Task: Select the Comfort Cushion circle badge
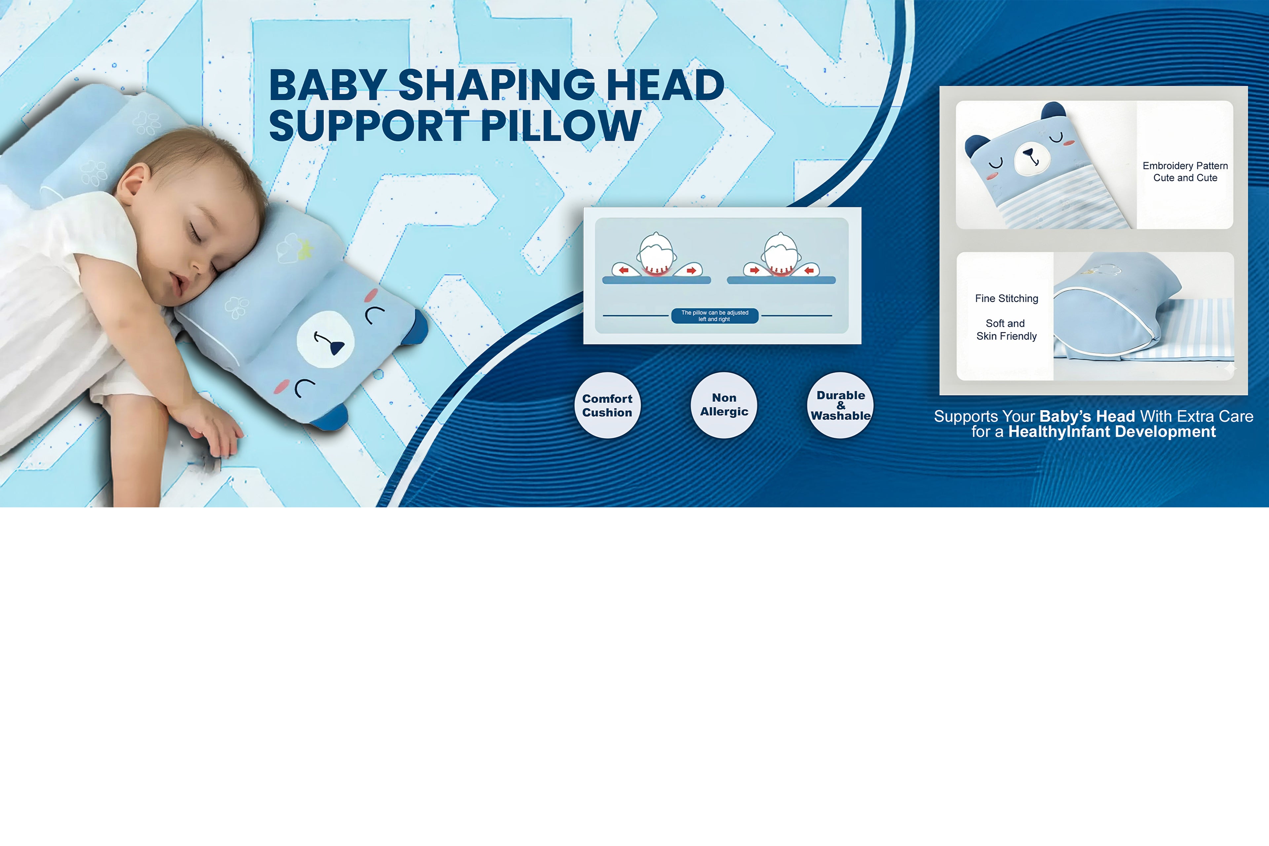(x=607, y=405)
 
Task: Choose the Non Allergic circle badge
(x=724, y=405)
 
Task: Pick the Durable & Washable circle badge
(x=840, y=405)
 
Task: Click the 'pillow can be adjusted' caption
(x=715, y=315)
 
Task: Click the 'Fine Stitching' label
(x=1006, y=298)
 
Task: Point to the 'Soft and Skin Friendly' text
(x=1006, y=330)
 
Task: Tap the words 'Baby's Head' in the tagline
(x=1087, y=416)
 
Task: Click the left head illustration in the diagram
(x=656, y=254)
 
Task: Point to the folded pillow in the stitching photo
(x=1112, y=313)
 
